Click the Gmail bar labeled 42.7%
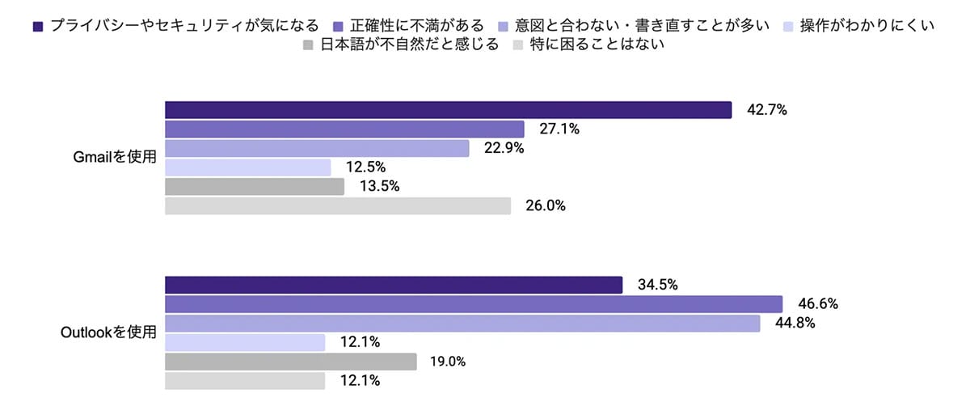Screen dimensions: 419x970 point(448,110)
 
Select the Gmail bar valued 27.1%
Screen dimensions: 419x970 point(345,129)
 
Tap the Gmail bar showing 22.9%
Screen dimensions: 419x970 point(317,148)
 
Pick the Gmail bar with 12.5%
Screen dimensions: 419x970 point(248,167)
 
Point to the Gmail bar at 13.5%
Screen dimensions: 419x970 point(255,187)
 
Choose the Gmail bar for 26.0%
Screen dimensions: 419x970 point(338,206)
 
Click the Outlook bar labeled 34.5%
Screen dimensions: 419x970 point(394,285)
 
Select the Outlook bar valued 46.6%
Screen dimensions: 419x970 point(474,304)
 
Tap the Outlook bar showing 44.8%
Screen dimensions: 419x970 point(462,324)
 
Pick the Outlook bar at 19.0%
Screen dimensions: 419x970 point(291,362)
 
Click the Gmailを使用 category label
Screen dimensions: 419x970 point(115,158)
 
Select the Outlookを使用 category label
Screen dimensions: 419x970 point(107,332)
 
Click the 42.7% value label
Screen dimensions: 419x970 point(767,110)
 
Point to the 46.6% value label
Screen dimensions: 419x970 point(818,304)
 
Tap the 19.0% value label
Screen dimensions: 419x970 point(446,362)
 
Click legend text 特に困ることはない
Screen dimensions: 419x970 point(597,45)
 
